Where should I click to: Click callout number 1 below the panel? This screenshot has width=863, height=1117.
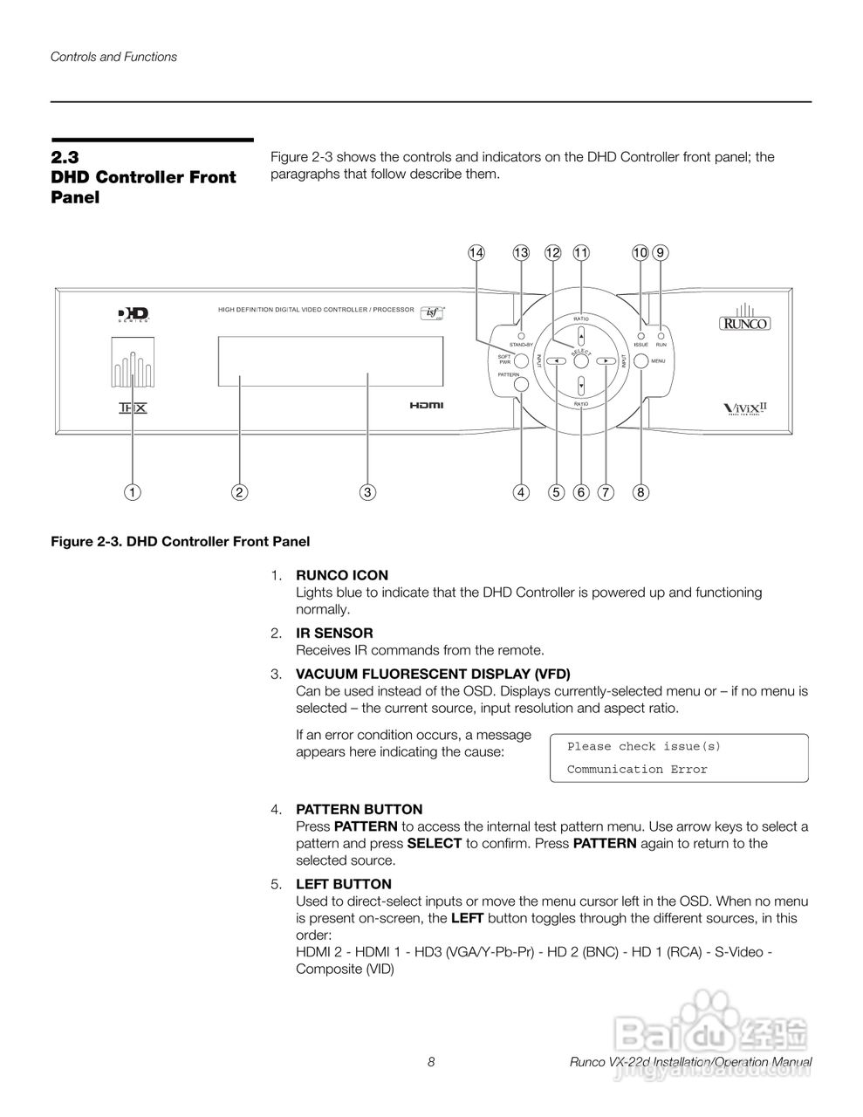(132, 492)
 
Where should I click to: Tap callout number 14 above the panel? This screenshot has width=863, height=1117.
(476, 252)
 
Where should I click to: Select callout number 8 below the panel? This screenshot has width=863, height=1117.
(640, 492)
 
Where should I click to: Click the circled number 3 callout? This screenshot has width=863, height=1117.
(368, 492)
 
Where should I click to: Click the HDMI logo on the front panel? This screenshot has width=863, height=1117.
(427, 405)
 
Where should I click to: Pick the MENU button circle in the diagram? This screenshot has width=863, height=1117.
(640, 360)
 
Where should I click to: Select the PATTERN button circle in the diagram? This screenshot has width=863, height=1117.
(522, 382)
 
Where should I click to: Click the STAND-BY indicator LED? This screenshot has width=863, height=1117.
(522, 335)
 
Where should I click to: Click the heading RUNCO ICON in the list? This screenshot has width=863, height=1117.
(342, 575)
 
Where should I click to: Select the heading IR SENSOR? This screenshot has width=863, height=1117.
(334, 633)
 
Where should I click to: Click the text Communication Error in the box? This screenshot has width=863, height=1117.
(637, 769)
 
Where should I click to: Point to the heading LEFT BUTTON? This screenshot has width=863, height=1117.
(344, 884)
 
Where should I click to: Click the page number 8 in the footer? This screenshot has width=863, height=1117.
(431, 1062)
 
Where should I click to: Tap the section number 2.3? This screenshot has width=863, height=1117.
(65, 157)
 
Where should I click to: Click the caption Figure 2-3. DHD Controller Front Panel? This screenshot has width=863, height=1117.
(180, 541)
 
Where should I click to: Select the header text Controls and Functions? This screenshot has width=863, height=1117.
(113, 57)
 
